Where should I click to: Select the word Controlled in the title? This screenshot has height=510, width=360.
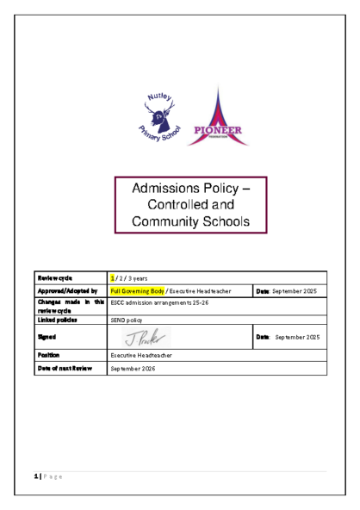[x=177, y=205]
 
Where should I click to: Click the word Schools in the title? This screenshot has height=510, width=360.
[x=224, y=222]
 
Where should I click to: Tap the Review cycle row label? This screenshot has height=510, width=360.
[x=54, y=277]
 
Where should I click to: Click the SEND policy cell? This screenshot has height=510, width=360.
[x=127, y=320]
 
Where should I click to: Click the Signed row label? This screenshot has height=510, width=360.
[x=47, y=336]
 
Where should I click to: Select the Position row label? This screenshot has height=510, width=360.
[x=48, y=354]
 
